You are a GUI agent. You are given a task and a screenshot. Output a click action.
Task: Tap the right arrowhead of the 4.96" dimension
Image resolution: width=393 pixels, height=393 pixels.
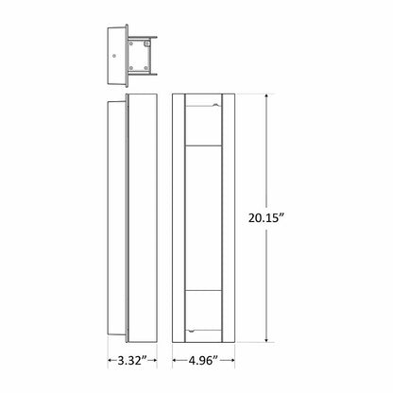click(x=234, y=361)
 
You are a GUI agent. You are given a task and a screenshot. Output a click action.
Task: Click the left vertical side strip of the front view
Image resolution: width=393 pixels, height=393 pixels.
click(x=178, y=217)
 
